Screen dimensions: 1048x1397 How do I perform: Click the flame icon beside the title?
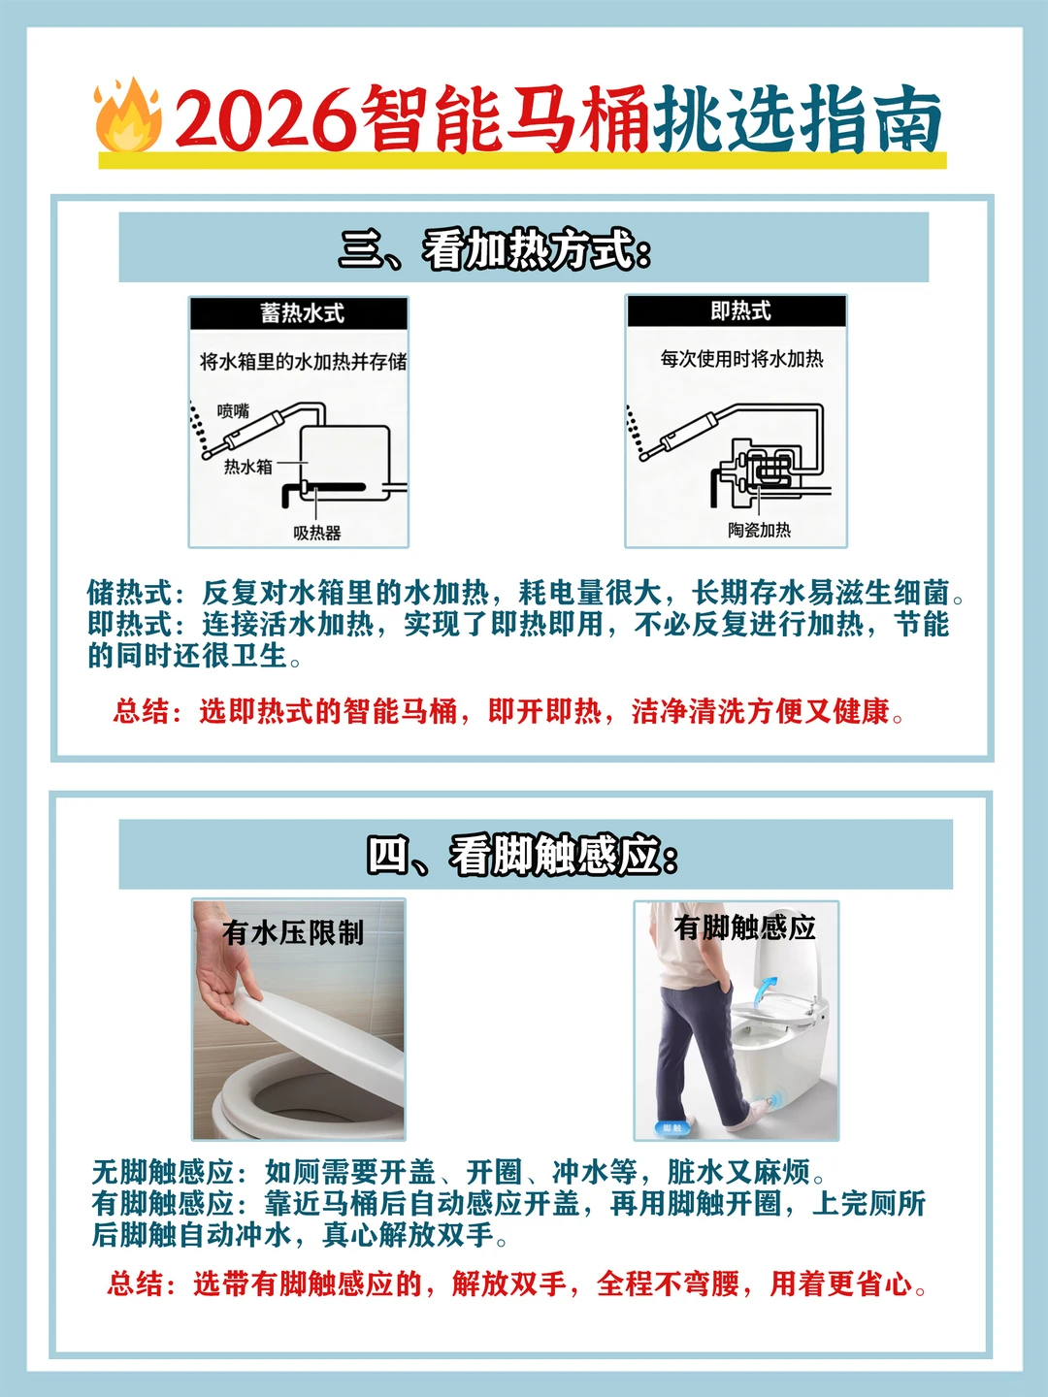click(x=127, y=115)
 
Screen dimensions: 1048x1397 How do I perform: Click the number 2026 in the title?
click(x=265, y=119)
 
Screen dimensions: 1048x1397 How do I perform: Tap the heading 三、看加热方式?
click(x=495, y=250)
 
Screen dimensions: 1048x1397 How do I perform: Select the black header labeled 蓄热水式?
click(x=299, y=313)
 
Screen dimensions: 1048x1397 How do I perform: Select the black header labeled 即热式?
click(x=737, y=311)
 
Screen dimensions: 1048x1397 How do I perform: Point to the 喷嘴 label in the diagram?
click(x=233, y=411)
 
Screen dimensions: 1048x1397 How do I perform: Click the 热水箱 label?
click(x=247, y=468)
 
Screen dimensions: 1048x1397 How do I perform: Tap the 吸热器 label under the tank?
click(x=317, y=533)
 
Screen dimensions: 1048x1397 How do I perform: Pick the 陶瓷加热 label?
click(x=759, y=530)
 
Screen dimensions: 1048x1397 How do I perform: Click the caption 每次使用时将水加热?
click(x=741, y=359)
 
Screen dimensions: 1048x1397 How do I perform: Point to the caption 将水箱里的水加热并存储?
click(x=304, y=362)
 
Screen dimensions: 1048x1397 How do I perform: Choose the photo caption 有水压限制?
click(x=293, y=933)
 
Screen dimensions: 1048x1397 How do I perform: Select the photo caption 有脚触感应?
click(x=744, y=927)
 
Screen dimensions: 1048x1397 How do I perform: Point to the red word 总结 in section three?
click(x=142, y=711)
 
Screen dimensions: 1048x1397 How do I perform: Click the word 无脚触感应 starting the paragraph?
click(x=163, y=1171)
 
